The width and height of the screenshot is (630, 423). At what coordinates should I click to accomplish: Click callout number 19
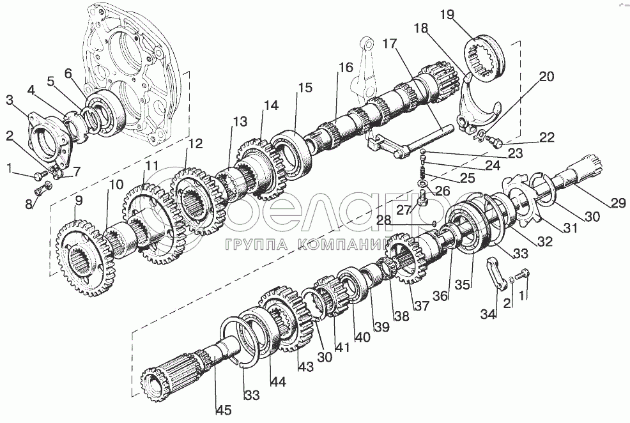click(x=463, y=15)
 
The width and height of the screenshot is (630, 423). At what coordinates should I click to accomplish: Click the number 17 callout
click(x=390, y=45)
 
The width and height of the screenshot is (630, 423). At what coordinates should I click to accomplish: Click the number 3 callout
click(x=10, y=100)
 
